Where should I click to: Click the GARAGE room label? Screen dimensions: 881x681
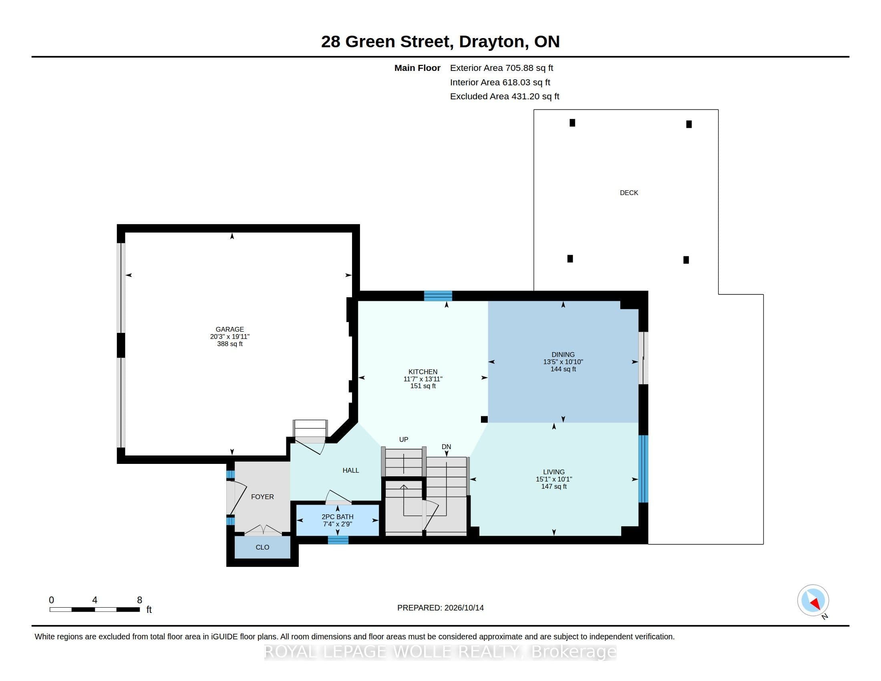(229, 329)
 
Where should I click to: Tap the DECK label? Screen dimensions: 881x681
(629, 193)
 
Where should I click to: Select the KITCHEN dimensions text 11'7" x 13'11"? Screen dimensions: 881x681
(423, 379)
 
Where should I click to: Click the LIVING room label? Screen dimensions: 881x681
(554, 471)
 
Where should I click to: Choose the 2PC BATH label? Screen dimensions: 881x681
(337, 517)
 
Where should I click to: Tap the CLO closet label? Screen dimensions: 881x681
(262, 547)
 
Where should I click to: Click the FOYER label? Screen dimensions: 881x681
(262, 497)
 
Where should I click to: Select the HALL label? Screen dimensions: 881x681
(350, 470)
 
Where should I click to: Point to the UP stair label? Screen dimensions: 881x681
(403, 439)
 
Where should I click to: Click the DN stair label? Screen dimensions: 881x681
(446, 447)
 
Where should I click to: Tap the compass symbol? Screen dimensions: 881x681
(813, 600)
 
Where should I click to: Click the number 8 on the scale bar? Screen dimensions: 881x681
(140, 600)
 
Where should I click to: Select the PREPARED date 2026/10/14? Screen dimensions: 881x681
(464, 608)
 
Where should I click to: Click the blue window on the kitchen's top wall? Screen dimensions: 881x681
(438, 296)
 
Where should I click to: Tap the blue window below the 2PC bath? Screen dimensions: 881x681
(338, 540)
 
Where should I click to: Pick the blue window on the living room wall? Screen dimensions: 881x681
(644, 469)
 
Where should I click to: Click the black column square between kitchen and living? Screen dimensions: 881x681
(484, 419)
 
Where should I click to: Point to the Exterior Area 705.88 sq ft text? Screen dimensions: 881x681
(501, 68)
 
